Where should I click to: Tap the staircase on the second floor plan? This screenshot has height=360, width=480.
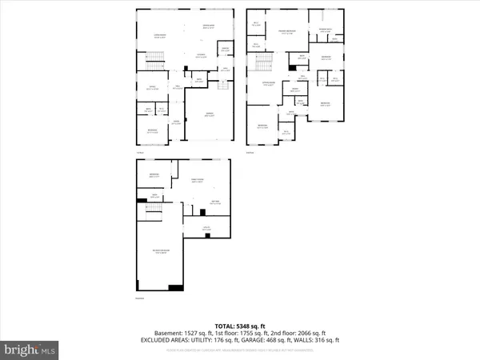point(266,59)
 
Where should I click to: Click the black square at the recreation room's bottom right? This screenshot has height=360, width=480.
point(177,287)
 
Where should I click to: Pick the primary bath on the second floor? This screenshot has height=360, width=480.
point(326,30)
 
